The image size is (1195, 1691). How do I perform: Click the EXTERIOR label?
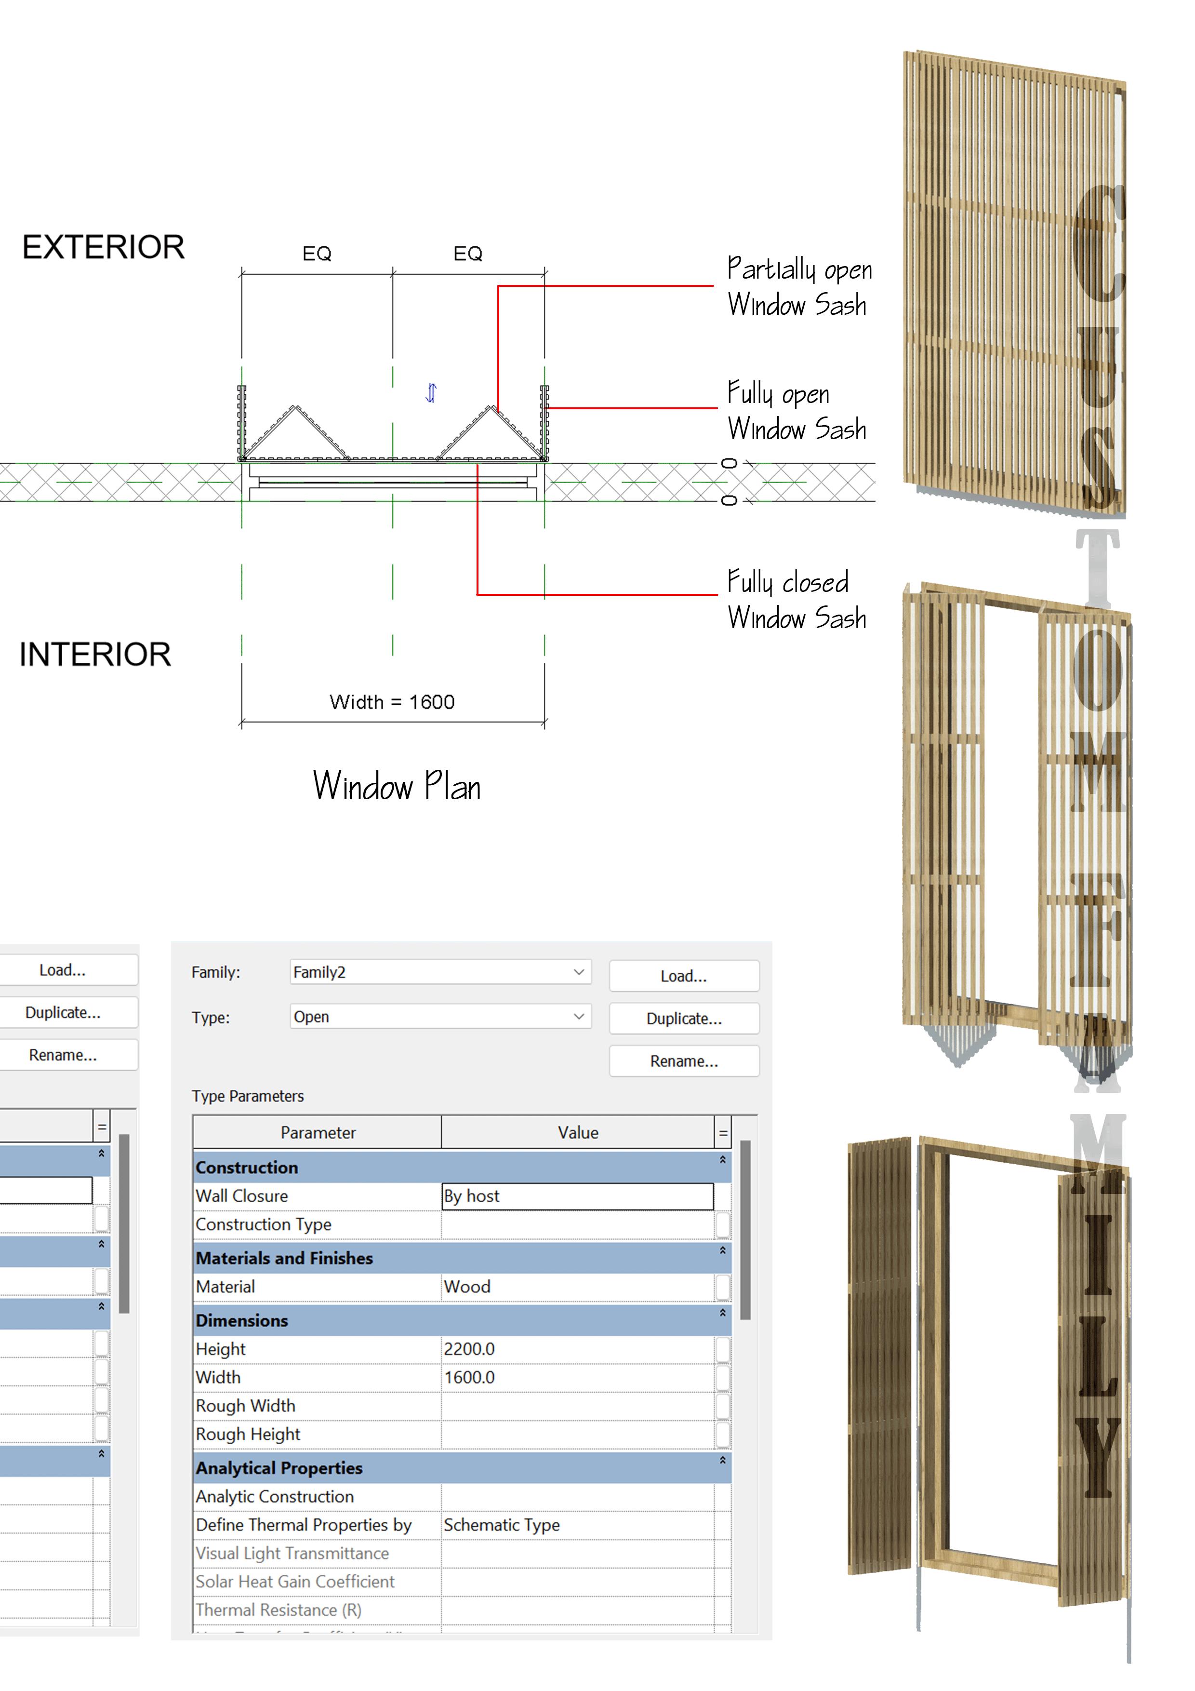coord(103,247)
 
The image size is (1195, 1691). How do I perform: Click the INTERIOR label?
coord(95,655)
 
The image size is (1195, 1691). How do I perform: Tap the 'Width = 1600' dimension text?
coord(392,702)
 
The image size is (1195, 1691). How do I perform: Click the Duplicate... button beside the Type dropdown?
coord(684,1019)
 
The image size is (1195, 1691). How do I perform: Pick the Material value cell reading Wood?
coord(577,1287)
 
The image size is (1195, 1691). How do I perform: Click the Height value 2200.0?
coord(577,1349)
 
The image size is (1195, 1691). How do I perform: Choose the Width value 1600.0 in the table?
coord(577,1377)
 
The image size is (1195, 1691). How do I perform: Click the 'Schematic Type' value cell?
coord(577,1525)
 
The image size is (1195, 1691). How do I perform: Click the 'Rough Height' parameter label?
coord(248,1434)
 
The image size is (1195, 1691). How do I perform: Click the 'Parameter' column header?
coord(318,1133)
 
